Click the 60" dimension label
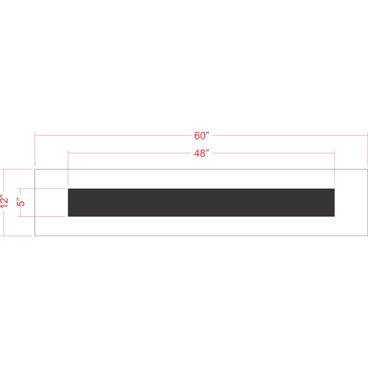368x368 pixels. pos(201,136)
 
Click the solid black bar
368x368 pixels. pos(201,202)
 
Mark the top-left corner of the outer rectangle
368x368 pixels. pos(35,169)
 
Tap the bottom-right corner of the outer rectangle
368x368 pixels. pos(368,236)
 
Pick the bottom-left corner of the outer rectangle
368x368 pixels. pos(35,236)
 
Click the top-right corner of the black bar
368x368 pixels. pos(334,189)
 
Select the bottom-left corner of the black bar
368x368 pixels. pos(68,216)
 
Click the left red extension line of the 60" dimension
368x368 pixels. pos(35,149)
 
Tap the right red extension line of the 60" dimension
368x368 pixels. pos(368,149)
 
